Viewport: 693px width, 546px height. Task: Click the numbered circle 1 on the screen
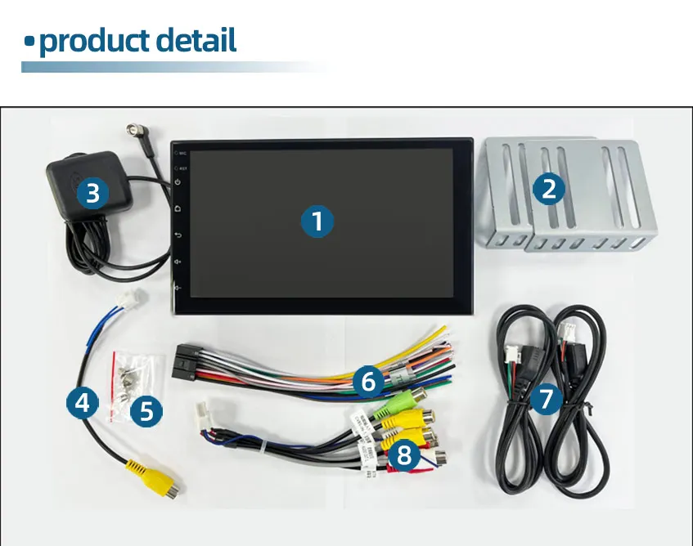[317, 221]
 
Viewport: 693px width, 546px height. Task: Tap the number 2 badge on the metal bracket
[549, 189]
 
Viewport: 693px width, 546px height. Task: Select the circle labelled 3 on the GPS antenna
[92, 193]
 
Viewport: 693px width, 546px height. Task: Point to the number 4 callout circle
[82, 402]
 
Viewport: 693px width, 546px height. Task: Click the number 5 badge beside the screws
[146, 410]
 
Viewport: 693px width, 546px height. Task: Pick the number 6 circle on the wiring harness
[368, 381]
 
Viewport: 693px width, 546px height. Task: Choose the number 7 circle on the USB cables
[547, 399]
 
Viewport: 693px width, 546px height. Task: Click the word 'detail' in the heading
[196, 40]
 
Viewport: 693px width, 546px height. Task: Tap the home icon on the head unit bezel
[178, 208]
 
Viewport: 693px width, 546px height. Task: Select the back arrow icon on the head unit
[178, 235]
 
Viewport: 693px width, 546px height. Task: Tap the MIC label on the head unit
[184, 152]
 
